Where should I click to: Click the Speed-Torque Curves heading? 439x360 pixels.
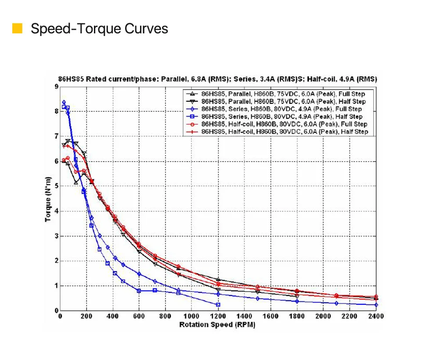[99, 29]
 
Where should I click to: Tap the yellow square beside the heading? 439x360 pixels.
[18, 29]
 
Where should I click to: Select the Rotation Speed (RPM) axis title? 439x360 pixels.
[217, 325]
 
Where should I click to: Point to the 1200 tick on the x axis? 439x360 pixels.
[218, 317]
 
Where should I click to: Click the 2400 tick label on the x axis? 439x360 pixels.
[376, 317]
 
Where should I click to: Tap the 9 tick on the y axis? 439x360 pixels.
[56, 86]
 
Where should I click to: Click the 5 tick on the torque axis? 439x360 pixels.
[56, 186]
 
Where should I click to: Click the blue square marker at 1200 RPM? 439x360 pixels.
[218, 305]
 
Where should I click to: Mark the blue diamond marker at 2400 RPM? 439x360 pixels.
[376, 305]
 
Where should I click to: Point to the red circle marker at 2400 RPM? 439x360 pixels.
[376, 297]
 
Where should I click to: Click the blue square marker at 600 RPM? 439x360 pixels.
[139, 291]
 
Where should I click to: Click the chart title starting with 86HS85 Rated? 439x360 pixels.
[218, 79]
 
